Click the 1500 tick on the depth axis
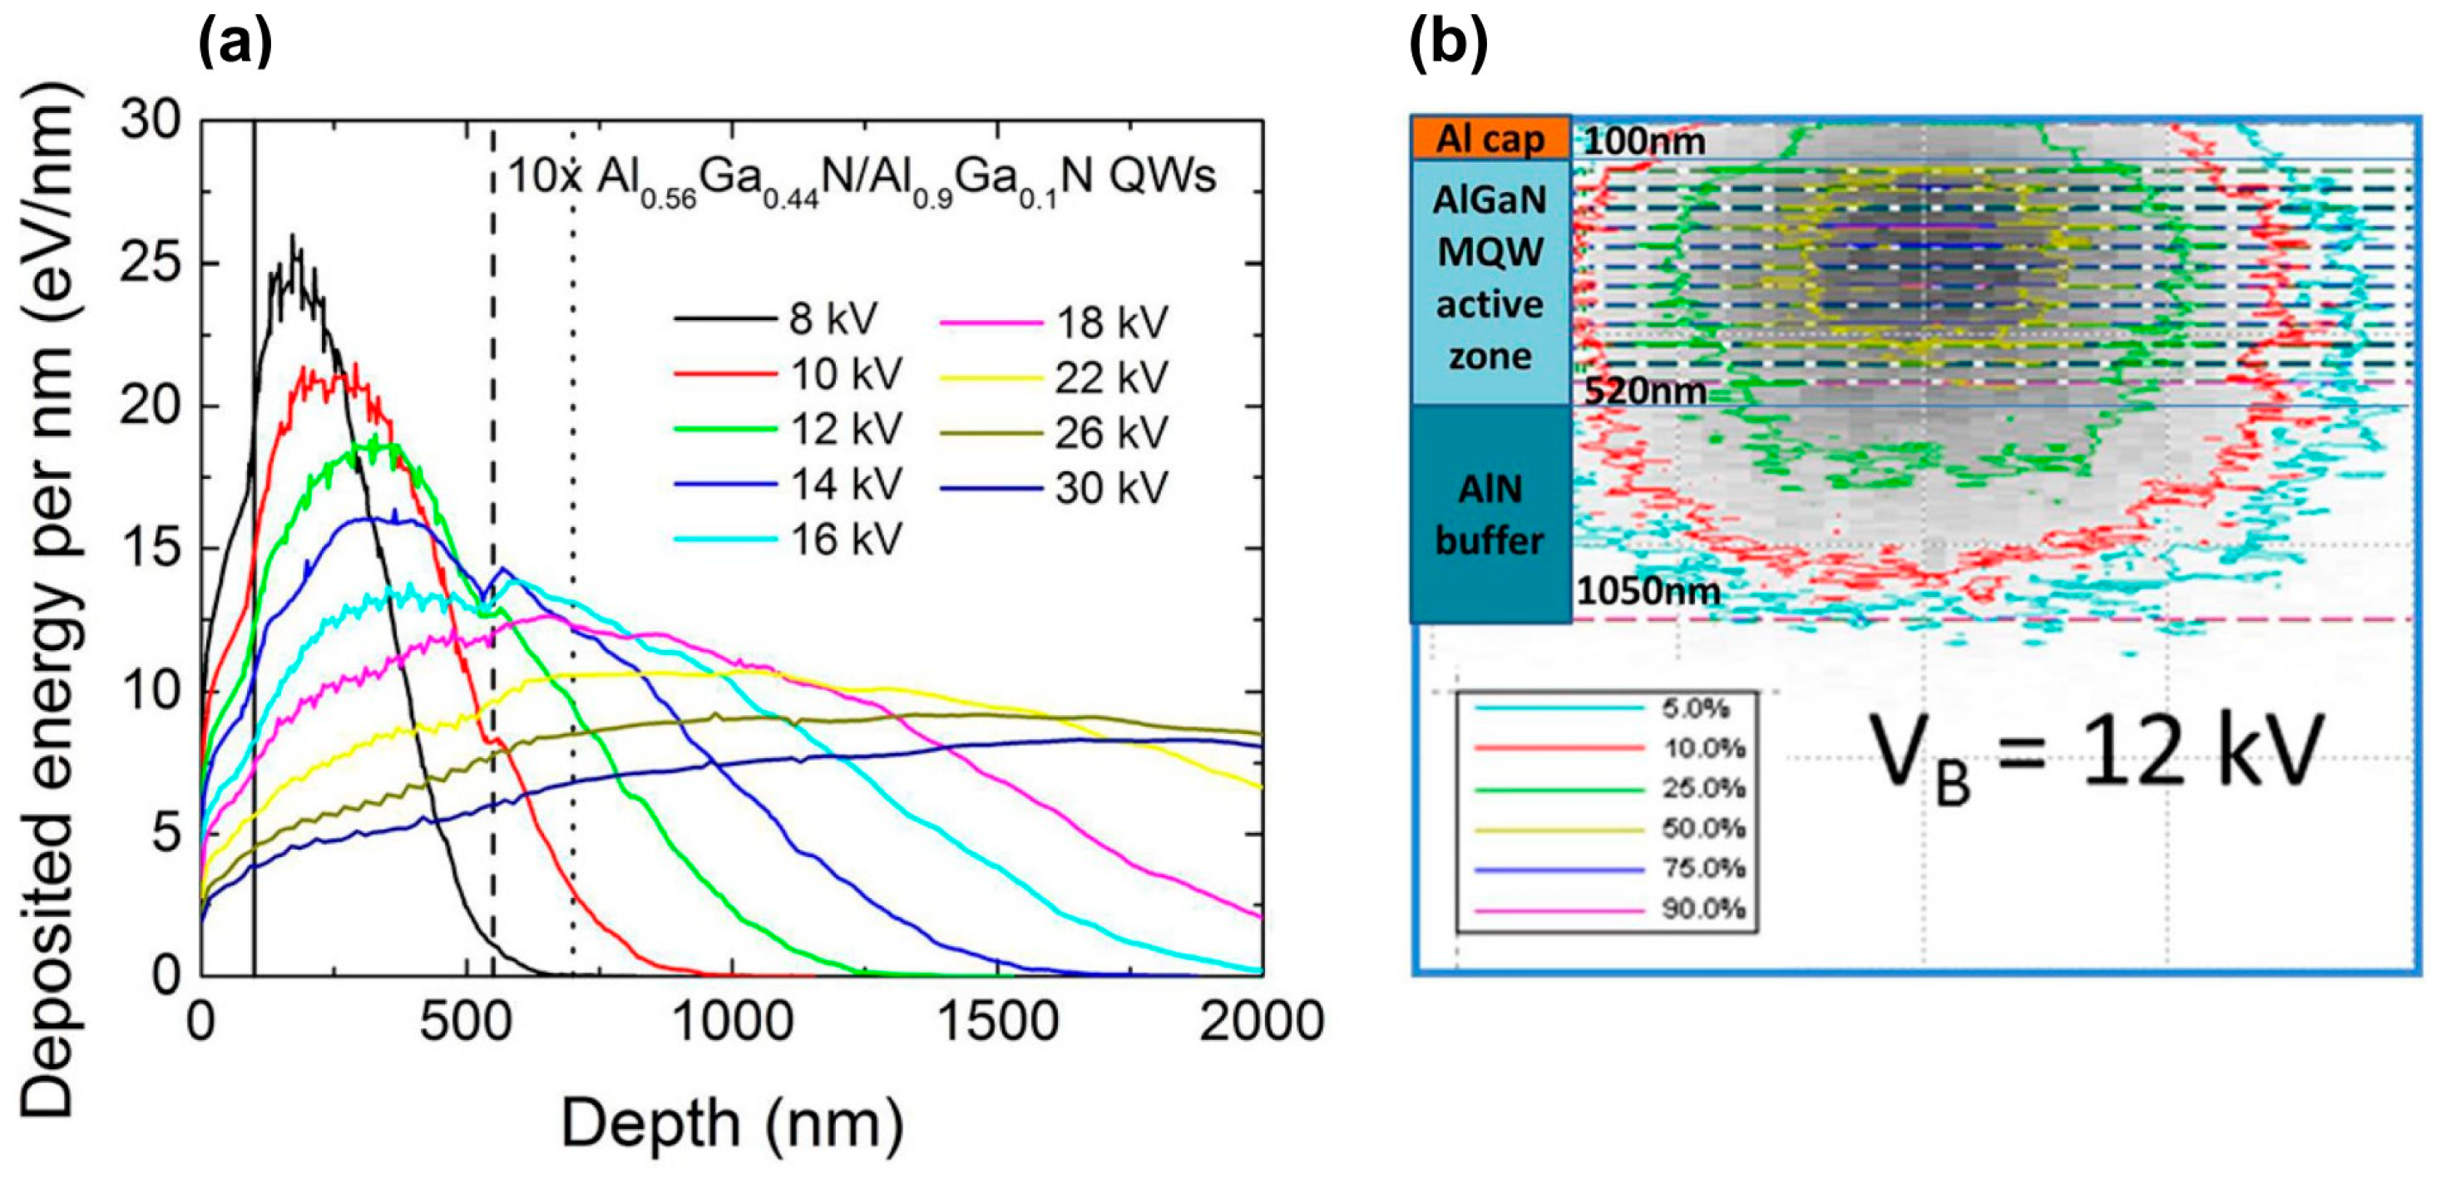pos(997,1023)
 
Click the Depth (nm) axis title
pos(732,1123)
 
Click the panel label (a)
pos(235,42)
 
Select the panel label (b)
pos(1448,42)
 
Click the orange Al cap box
pos(1490,139)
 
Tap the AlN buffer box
pos(1490,515)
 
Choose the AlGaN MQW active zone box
pos(1490,280)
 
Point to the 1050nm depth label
pos(1648,592)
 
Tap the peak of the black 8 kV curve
pos(293,238)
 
